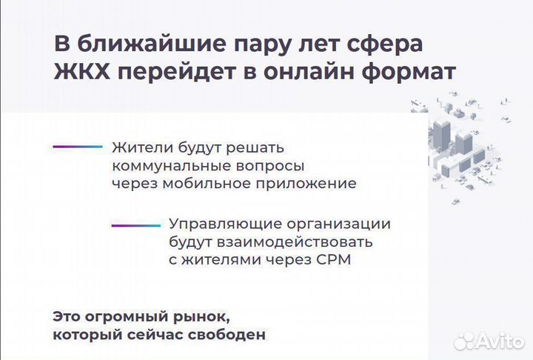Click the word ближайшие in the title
[147, 44]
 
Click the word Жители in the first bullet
[138, 147]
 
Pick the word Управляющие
[214, 224]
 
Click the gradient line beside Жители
[77, 147]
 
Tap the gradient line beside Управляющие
[135, 224]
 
